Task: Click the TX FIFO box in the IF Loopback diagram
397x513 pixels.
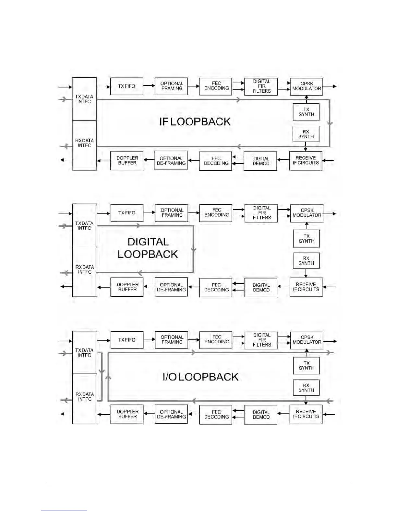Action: pos(126,86)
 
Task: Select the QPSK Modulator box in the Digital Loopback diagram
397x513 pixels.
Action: pos(307,213)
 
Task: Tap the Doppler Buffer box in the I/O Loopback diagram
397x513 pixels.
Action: pos(127,414)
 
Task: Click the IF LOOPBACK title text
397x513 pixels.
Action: pos(195,122)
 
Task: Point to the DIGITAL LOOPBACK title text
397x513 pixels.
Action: pos(148,248)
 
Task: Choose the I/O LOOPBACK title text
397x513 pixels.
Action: pos(200,377)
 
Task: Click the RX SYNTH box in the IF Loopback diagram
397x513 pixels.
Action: pos(306,134)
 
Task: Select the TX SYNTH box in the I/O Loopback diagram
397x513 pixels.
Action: pos(307,366)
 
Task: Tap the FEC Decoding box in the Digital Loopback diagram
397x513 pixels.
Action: pos(216,287)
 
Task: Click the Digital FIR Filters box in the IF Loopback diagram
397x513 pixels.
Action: pos(261,86)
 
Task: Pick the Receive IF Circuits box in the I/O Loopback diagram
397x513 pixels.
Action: pos(306,414)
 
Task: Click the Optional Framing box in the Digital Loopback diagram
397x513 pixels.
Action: pos(172,213)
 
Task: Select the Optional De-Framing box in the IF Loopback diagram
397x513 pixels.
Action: pos(171,161)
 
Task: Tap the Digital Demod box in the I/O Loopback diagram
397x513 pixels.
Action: pos(261,415)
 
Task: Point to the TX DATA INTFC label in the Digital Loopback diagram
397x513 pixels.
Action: pos(84,225)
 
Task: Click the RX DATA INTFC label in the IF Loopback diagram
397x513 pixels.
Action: pos(84,143)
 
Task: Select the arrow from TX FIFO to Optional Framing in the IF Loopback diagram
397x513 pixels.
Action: pos(149,86)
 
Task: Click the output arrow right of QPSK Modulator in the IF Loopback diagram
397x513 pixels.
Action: pos(330,86)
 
